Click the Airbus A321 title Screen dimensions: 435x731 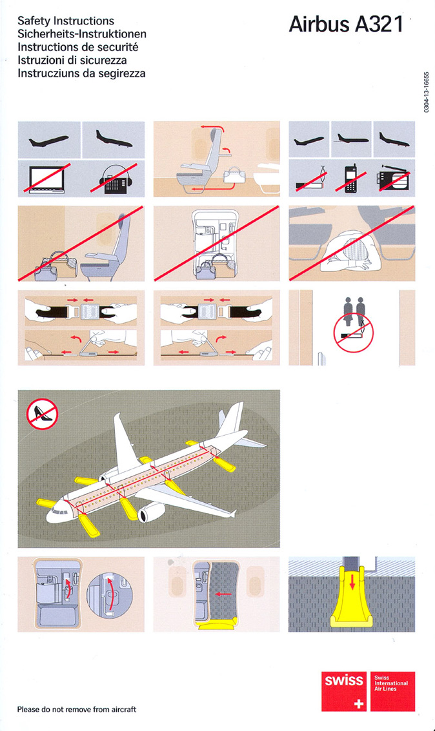click(346, 24)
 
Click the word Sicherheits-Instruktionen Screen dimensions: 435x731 click(82, 34)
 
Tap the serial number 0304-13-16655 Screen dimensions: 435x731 click(426, 92)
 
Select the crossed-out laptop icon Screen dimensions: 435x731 click(47, 179)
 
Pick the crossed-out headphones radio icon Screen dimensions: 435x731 click(114, 179)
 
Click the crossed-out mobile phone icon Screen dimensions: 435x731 click(351, 178)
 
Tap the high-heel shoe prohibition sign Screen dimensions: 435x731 click(42, 414)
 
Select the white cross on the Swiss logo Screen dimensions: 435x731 click(358, 703)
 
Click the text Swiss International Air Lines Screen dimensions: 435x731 click(391, 683)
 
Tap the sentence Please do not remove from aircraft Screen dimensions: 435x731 click(77, 709)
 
